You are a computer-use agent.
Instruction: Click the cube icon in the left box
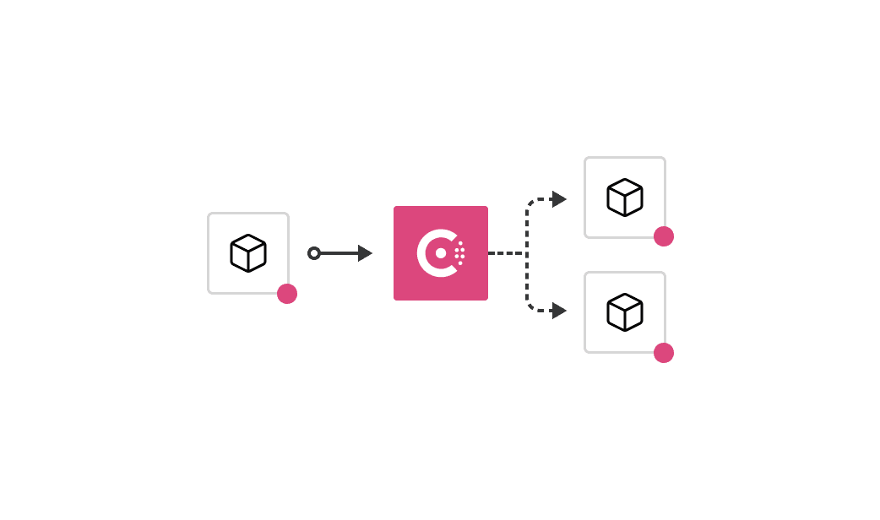pyautogui.click(x=248, y=253)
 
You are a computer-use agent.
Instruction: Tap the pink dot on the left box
pyautogui.click(x=287, y=294)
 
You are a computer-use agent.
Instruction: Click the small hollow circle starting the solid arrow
pyautogui.click(x=314, y=253)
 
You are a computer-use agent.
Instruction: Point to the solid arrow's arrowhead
pyautogui.click(x=365, y=253)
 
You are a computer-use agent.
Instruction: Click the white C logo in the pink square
pyautogui.click(x=429, y=253)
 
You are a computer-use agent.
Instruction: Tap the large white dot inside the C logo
pyautogui.click(x=441, y=253)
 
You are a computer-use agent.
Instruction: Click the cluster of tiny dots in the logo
pyautogui.click(x=459, y=253)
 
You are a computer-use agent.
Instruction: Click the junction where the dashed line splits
pyautogui.click(x=527, y=253)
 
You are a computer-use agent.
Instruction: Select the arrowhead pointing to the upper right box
pyautogui.click(x=558, y=199)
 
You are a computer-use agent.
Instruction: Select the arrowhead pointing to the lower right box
pyautogui.click(x=558, y=311)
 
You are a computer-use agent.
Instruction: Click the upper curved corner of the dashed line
pyautogui.click(x=531, y=203)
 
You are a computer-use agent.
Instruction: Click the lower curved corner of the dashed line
pyautogui.click(x=531, y=306)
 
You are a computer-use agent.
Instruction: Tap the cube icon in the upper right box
pyautogui.click(x=625, y=198)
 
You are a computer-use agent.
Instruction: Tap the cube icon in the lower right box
pyautogui.click(x=625, y=312)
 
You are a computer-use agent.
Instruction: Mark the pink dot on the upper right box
pyautogui.click(x=664, y=236)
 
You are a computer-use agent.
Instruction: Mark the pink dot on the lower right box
pyautogui.click(x=664, y=353)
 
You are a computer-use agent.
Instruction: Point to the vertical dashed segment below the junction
pyautogui.click(x=527, y=280)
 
